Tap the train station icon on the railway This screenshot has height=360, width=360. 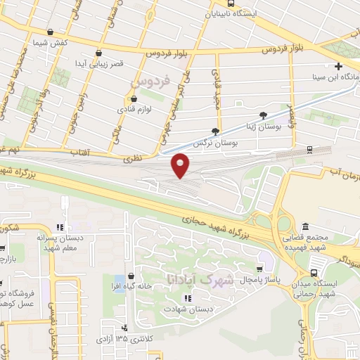(x=310, y=150)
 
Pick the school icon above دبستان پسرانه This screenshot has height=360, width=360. (x=60, y=226)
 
